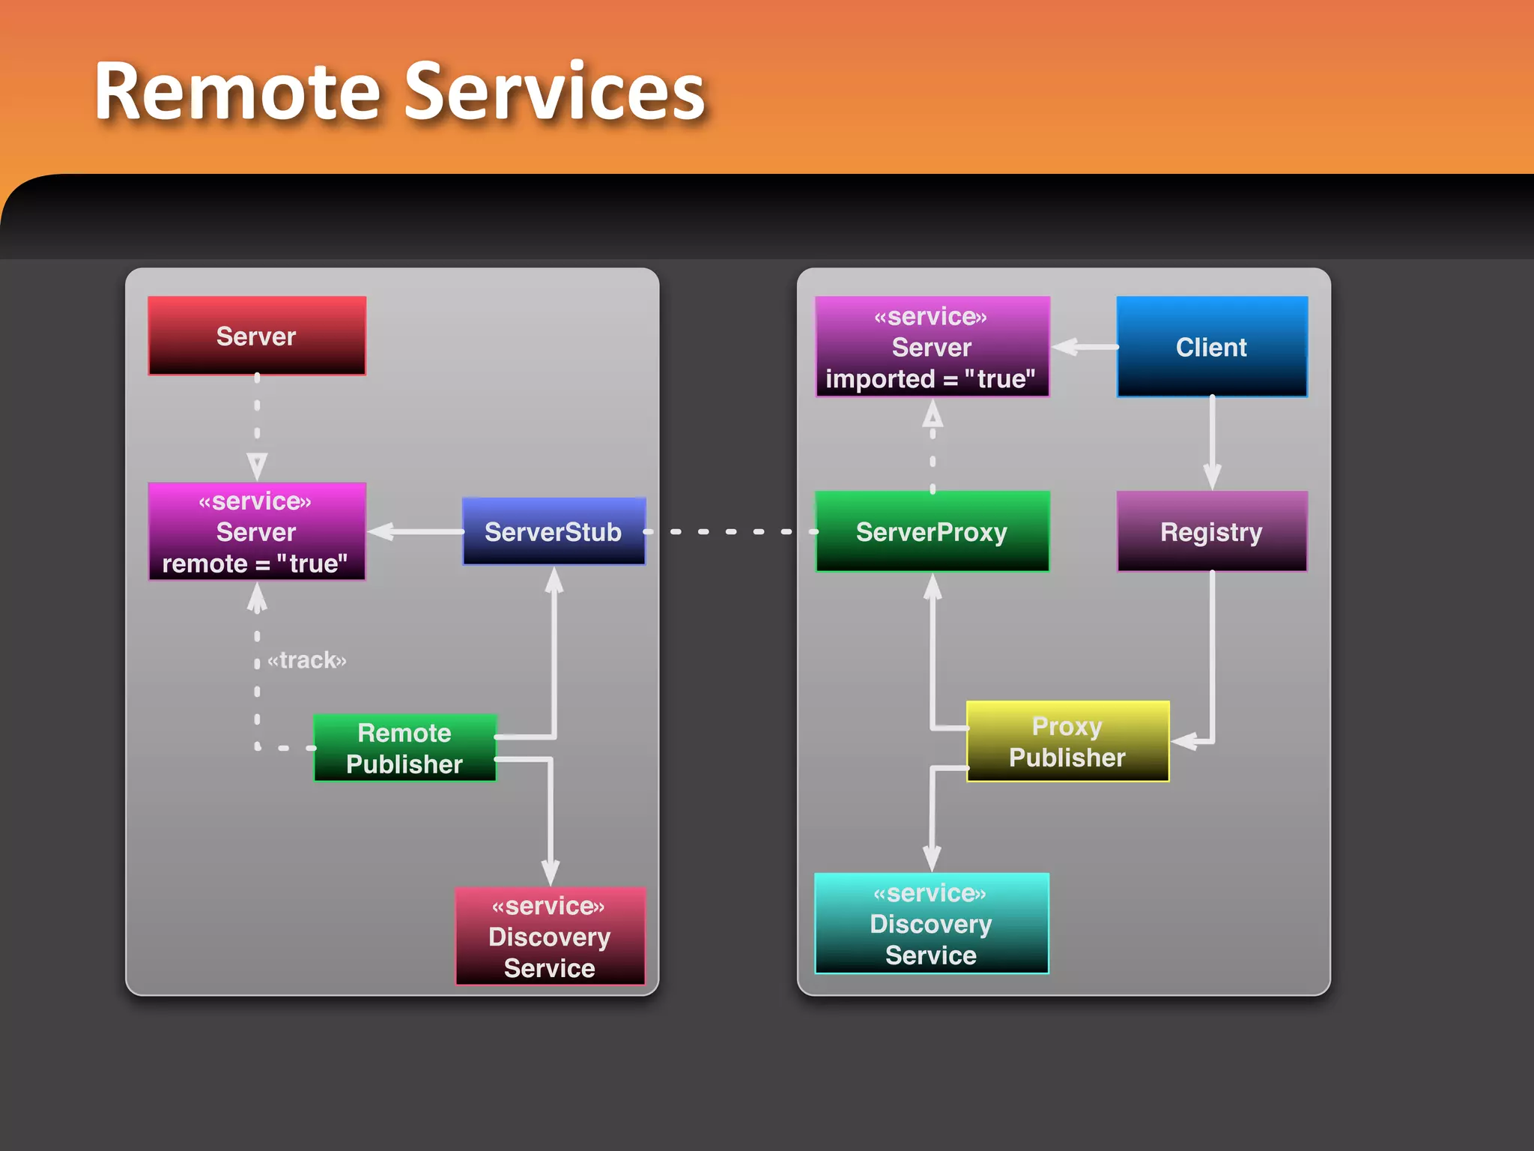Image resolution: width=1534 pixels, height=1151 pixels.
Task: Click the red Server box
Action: tap(257, 336)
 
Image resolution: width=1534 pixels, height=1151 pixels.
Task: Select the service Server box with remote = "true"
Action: tap(257, 531)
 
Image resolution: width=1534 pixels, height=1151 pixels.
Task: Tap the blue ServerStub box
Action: tap(554, 531)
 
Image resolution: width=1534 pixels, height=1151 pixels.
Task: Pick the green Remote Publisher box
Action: tap(404, 748)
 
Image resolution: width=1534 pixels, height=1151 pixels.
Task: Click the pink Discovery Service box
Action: tap(550, 936)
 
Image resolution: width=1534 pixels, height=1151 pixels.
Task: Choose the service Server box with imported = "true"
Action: tap(932, 347)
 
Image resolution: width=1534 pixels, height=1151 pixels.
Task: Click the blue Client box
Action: tap(1211, 347)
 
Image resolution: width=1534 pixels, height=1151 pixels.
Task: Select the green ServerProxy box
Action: tap(932, 531)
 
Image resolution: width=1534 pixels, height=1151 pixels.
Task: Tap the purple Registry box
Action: tap(1211, 531)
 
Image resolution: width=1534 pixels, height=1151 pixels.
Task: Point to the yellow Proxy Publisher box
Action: tap(1067, 741)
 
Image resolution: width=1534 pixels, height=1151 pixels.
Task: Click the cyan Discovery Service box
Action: tap(931, 923)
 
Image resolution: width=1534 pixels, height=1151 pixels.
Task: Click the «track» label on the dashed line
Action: tap(307, 660)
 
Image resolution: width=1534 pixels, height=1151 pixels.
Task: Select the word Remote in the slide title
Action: tap(237, 91)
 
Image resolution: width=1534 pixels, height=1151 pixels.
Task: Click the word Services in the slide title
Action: tap(555, 91)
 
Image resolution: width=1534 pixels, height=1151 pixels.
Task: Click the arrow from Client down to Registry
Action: tap(1212, 442)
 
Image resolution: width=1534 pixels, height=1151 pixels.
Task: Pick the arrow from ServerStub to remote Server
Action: tap(416, 531)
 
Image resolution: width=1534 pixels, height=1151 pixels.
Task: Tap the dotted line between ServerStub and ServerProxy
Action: tap(730, 531)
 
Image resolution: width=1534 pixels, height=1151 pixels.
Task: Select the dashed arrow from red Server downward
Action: tap(257, 427)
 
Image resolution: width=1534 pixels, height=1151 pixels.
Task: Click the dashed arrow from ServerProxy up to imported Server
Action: tap(933, 446)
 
